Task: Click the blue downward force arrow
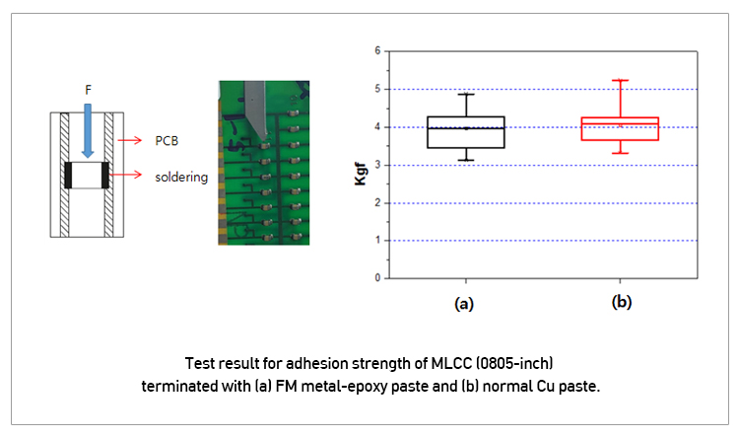coord(88,131)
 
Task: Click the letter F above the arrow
coord(88,90)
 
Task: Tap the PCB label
coord(167,141)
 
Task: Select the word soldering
coord(181,177)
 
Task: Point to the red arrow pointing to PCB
coord(130,140)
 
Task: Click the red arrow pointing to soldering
coord(126,175)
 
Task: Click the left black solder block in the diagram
coord(68,176)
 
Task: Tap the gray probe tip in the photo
coord(264,136)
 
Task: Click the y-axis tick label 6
coord(377,50)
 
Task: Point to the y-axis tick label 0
coord(377,278)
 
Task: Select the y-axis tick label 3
coord(377,165)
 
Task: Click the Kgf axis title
coord(361,174)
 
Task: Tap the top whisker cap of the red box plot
coord(620,80)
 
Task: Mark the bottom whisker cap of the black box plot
coord(466,161)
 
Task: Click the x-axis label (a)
coord(464,304)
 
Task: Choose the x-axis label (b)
coord(622,301)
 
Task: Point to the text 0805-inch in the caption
coord(514,363)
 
